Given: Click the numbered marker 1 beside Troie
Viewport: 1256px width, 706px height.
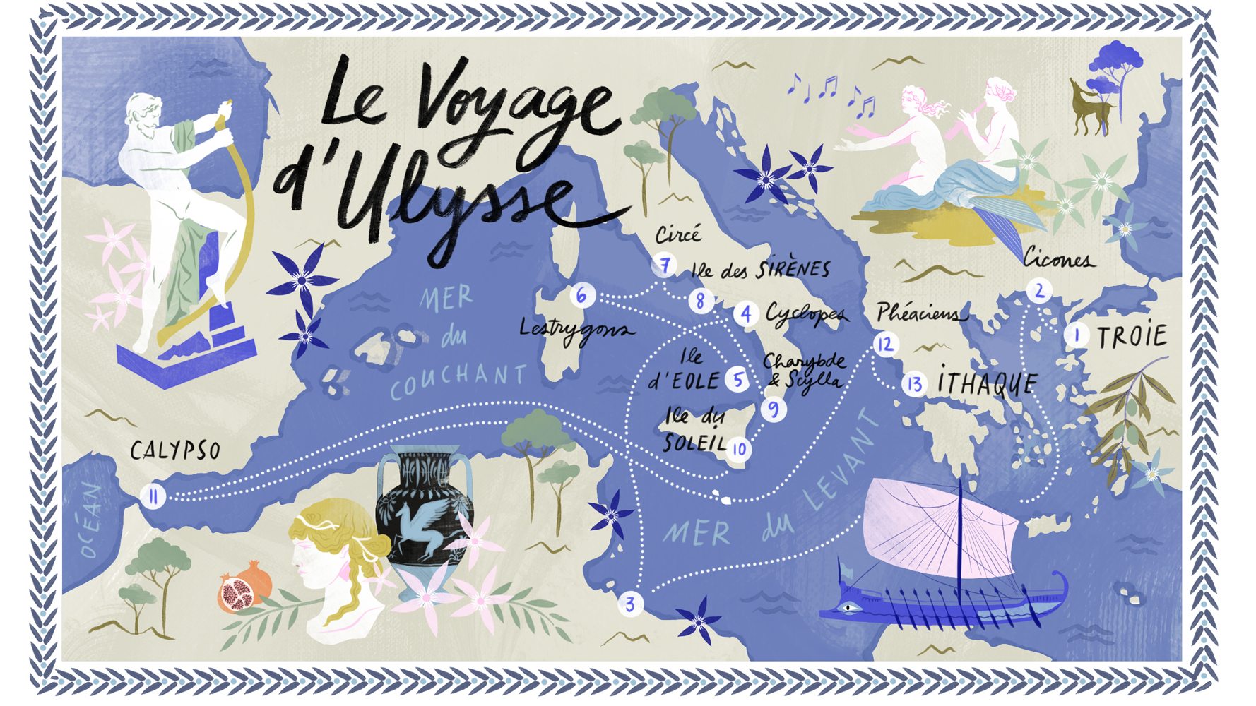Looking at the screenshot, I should click(x=1077, y=335).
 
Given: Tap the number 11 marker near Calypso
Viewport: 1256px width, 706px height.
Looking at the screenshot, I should click(x=153, y=496).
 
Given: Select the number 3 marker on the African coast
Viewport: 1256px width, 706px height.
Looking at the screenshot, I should click(x=630, y=604).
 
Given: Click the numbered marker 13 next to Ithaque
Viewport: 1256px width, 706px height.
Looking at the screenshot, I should click(x=915, y=384).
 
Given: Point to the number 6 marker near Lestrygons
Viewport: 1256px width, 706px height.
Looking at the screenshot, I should click(x=581, y=295).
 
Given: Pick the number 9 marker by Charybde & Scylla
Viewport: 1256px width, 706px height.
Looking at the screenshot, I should click(x=774, y=409).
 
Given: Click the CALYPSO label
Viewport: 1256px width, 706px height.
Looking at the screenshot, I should click(x=175, y=450).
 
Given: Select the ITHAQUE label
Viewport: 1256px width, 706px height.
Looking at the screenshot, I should click(x=987, y=383).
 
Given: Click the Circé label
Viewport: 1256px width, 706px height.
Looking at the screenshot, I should click(x=678, y=234).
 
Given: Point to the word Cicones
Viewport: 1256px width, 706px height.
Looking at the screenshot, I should click(x=1058, y=260).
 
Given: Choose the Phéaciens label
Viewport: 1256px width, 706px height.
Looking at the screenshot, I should click(x=920, y=313).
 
